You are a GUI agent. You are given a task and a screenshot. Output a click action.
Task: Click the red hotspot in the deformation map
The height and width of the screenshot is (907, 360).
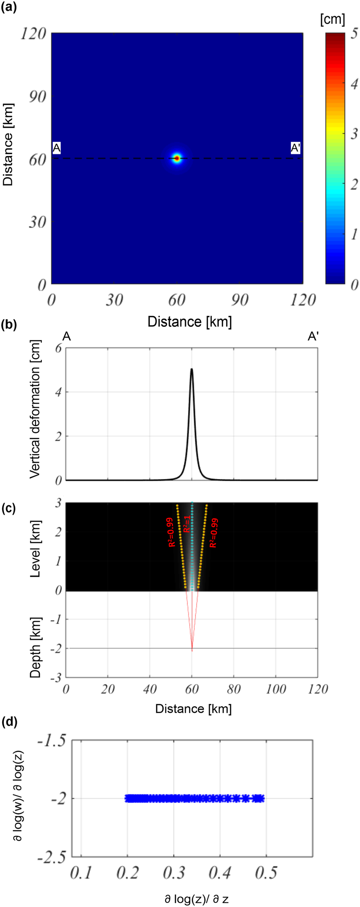(x=177, y=158)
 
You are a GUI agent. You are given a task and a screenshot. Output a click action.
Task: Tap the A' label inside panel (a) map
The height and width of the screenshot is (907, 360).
(x=295, y=148)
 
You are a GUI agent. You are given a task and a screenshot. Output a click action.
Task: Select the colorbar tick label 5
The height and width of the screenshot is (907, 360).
(x=354, y=35)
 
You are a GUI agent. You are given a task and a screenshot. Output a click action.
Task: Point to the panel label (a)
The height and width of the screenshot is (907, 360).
(x=9, y=7)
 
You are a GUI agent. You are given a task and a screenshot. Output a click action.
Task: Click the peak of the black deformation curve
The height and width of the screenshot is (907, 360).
(x=192, y=369)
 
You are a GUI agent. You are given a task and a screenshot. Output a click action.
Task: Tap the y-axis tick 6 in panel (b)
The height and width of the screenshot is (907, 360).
(x=58, y=348)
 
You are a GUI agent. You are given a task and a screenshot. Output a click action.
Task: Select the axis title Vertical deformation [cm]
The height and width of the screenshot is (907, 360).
(x=36, y=409)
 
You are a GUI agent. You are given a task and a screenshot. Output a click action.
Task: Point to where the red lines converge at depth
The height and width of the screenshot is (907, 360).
(x=192, y=650)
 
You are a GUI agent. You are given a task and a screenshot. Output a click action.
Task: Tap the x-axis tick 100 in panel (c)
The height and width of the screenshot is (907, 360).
(x=276, y=689)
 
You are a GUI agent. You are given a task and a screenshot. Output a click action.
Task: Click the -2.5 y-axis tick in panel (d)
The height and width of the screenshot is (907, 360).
(x=51, y=856)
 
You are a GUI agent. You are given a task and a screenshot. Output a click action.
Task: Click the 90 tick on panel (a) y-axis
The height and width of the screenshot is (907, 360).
(x=37, y=96)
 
